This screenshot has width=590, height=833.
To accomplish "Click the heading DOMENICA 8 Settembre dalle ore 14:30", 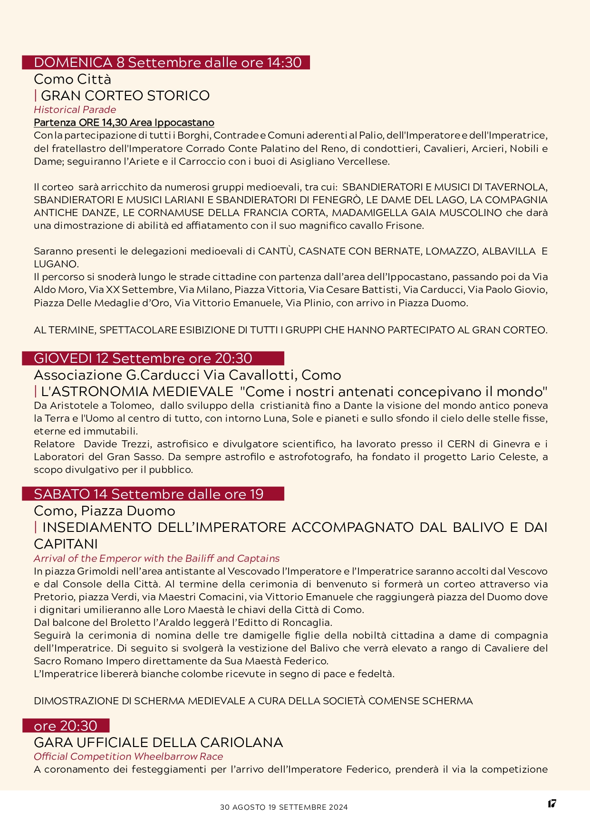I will (x=167, y=63).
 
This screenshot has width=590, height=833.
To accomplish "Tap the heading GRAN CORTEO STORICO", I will (x=125, y=95).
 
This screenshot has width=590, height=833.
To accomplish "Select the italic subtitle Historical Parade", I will (x=75, y=110).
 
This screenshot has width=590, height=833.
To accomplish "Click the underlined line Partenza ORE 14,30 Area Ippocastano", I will (x=124, y=123).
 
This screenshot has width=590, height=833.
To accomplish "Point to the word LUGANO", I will (x=55, y=264).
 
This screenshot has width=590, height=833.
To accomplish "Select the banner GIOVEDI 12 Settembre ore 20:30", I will (x=143, y=359).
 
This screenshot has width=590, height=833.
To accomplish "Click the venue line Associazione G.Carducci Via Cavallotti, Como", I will (x=187, y=375).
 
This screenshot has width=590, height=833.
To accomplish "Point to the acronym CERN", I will (x=461, y=444).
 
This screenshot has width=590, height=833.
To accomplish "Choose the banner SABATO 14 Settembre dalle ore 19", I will (x=148, y=494).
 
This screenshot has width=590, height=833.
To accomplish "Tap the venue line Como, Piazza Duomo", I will (x=105, y=511).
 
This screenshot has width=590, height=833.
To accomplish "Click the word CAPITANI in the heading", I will (x=66, y=544).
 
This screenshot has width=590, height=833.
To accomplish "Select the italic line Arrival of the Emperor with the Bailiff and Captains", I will (x=156, y=558).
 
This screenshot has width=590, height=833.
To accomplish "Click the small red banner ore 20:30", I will (x=66, y=726).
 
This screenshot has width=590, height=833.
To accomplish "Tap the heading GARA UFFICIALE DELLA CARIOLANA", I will (x=158, y=742).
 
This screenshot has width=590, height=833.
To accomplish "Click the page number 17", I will (x=551, y=804).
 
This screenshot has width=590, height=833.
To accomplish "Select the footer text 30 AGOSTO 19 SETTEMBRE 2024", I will (x=284, y=807).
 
